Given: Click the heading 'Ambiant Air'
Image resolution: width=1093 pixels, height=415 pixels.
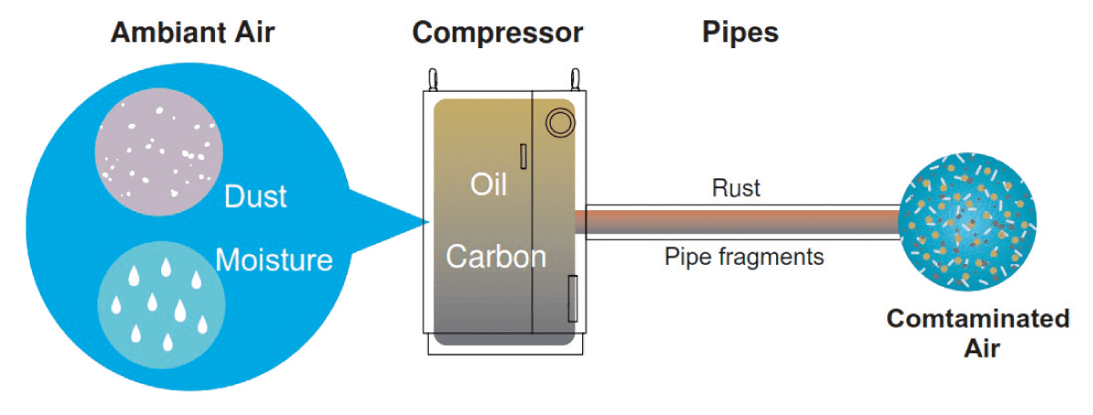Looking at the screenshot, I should (x=192, y=33).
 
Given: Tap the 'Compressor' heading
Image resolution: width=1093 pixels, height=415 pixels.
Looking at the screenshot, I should (x=497, y=33).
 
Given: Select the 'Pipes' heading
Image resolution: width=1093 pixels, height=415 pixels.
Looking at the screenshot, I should (x=740, y=33).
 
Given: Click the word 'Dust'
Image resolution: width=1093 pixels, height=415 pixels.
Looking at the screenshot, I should (x=256, y=197).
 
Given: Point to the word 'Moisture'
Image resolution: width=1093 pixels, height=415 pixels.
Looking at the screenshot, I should (x=273, y=260).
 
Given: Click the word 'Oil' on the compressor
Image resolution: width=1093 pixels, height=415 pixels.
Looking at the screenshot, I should (x=488, y=184).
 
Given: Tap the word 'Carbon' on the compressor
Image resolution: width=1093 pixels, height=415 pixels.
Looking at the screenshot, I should (x=495, y=256).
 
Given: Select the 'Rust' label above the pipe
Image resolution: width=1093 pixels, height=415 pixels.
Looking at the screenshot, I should (x=735, y=188).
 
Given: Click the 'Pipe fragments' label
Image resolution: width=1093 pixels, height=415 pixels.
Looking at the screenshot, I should (x=743, y=257).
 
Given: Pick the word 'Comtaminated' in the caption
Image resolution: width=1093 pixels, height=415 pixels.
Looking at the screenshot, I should (x=977, y=319).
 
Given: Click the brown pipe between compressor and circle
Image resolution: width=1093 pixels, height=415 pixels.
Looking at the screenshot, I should (x=738, y=222).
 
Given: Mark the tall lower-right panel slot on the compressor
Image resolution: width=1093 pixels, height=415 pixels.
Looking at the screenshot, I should (x=572, y=298).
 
